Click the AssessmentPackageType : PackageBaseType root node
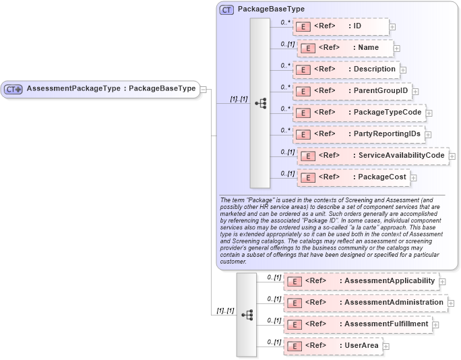pyautogui.click(x=101, y=89)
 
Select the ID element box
pyautogui.click(x=341, y=26)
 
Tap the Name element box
pyautogui.click(x=345, y=48)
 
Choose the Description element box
pyautogui.click(x=346, y=69)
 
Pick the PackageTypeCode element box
pyautogui.click(x=358, y=112)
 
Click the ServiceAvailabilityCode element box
pyautogui.click(x=373, y=156)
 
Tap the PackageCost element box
pyautogui.click(x=354, y=177)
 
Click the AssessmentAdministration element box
pyautogui.click(x=365, y=303)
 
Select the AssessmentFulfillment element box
pyautogui.click(x=357, y=324)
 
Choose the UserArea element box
pyautogui.click(x=333, y=346)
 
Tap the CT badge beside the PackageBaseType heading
pyautogui.click(x=226, y=9)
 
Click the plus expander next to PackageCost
pyautogui.click(x=414, y=178)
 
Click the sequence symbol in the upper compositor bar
pyautogui.click(x=260, y=103)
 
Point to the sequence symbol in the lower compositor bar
pyautogui.click(x=247, y=315)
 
